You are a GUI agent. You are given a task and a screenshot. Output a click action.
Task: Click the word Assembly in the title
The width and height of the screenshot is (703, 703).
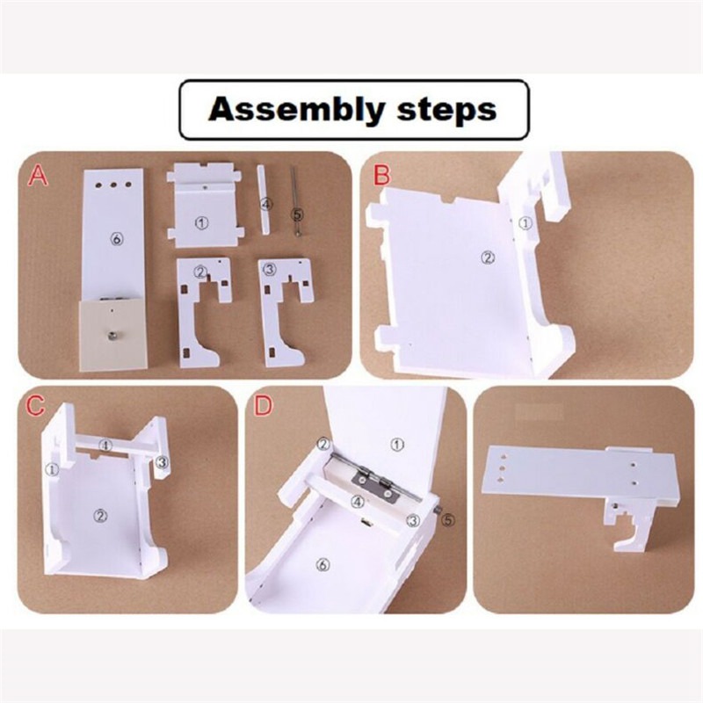point(297,110)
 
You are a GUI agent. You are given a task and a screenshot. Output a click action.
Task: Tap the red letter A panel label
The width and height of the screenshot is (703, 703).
point(37,176)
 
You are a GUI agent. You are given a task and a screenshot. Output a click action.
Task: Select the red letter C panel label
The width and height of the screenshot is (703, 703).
point(35,406)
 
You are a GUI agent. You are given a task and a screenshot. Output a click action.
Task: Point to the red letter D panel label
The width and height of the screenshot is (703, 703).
point(263,406)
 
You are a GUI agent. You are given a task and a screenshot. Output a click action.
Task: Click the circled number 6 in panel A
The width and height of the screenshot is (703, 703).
point(117,239)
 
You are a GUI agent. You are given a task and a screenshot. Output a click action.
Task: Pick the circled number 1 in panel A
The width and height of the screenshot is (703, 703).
point(202,222)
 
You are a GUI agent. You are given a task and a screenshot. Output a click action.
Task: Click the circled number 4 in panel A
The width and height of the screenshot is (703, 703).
point(266,205)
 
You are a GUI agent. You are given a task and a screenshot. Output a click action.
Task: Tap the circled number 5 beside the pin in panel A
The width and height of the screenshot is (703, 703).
point(297,214)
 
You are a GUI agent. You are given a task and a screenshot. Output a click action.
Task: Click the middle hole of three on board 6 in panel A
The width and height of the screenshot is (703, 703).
point(113,185)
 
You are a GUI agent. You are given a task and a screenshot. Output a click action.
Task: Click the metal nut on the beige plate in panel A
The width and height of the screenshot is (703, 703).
point(108,334)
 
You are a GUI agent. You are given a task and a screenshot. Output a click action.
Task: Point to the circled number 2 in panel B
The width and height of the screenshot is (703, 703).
point(488,257)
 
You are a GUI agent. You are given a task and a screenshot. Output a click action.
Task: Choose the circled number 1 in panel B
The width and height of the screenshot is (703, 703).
point(525,223)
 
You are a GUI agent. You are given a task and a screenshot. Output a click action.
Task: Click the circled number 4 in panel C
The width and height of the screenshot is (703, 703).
point(105,446)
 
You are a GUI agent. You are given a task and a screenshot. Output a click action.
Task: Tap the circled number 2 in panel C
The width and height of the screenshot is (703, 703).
point(99,516)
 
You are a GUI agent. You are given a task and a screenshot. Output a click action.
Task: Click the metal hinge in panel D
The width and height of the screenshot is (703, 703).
point(374,482)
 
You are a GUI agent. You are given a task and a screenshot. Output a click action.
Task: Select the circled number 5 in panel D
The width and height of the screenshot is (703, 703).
point(448,520)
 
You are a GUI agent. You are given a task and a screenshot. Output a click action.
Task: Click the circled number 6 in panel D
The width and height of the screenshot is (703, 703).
point(322,565)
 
